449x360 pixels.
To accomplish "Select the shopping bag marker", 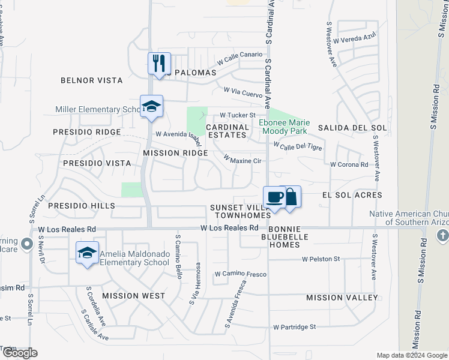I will [x=291, y=197].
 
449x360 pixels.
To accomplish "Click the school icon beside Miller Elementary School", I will [x=151, y=106].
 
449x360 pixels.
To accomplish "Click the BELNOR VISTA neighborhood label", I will [x=92, y=80].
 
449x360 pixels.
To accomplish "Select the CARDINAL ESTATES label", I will [x=228, y=131].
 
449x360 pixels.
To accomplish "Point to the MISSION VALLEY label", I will [x=342, y=298].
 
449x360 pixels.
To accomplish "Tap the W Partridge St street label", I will [x=294, y=327].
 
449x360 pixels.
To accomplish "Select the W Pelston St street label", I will [x=321, y=259].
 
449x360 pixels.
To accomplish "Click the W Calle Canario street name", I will [x=240, y=58].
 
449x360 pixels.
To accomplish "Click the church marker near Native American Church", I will [x=444, y=233].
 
